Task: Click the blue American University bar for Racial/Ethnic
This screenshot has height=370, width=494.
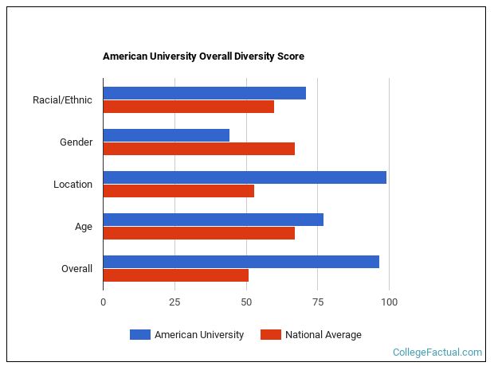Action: [204, 93]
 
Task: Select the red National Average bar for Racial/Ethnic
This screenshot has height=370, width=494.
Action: [188, 107]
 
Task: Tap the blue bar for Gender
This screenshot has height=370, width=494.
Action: [166, 135]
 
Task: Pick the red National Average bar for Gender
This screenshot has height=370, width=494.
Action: [198, 149]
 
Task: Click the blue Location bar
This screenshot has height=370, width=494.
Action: [244, 177]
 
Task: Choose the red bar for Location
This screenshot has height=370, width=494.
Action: [178, 191]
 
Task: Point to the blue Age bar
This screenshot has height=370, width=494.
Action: [213, 220]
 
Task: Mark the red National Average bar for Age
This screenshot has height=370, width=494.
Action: [198, 233]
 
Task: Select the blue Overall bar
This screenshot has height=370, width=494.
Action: [241, 262]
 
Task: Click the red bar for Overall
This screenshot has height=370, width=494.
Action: [175, 275]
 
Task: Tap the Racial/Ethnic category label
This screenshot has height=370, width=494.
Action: [62, 100]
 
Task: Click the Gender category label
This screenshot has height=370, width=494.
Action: [76, 142]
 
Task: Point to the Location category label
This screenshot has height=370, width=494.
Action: [73, 185]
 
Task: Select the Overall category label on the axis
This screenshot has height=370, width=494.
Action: [76, 269]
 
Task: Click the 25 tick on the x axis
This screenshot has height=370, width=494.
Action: [174, 302]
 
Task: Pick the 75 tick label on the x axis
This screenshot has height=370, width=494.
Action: [318, 302]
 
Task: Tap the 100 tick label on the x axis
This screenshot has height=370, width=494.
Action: [389, 302]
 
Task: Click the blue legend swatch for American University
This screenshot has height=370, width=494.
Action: [139, 335]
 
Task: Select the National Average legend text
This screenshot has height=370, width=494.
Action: [323, 335]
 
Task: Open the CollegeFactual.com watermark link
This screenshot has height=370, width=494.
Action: [437, 352]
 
